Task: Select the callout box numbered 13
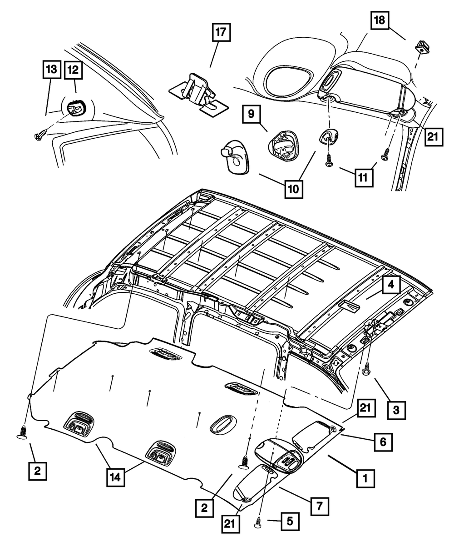click(x=51, y=71)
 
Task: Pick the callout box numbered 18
click(x=380, y=20)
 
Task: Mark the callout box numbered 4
click(x=391, y=286)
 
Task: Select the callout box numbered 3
click(x=396, y=410)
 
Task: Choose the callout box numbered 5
click(x=290, y=520)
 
